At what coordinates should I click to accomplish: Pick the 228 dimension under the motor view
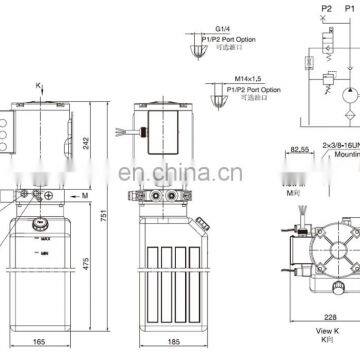point(300,319)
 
